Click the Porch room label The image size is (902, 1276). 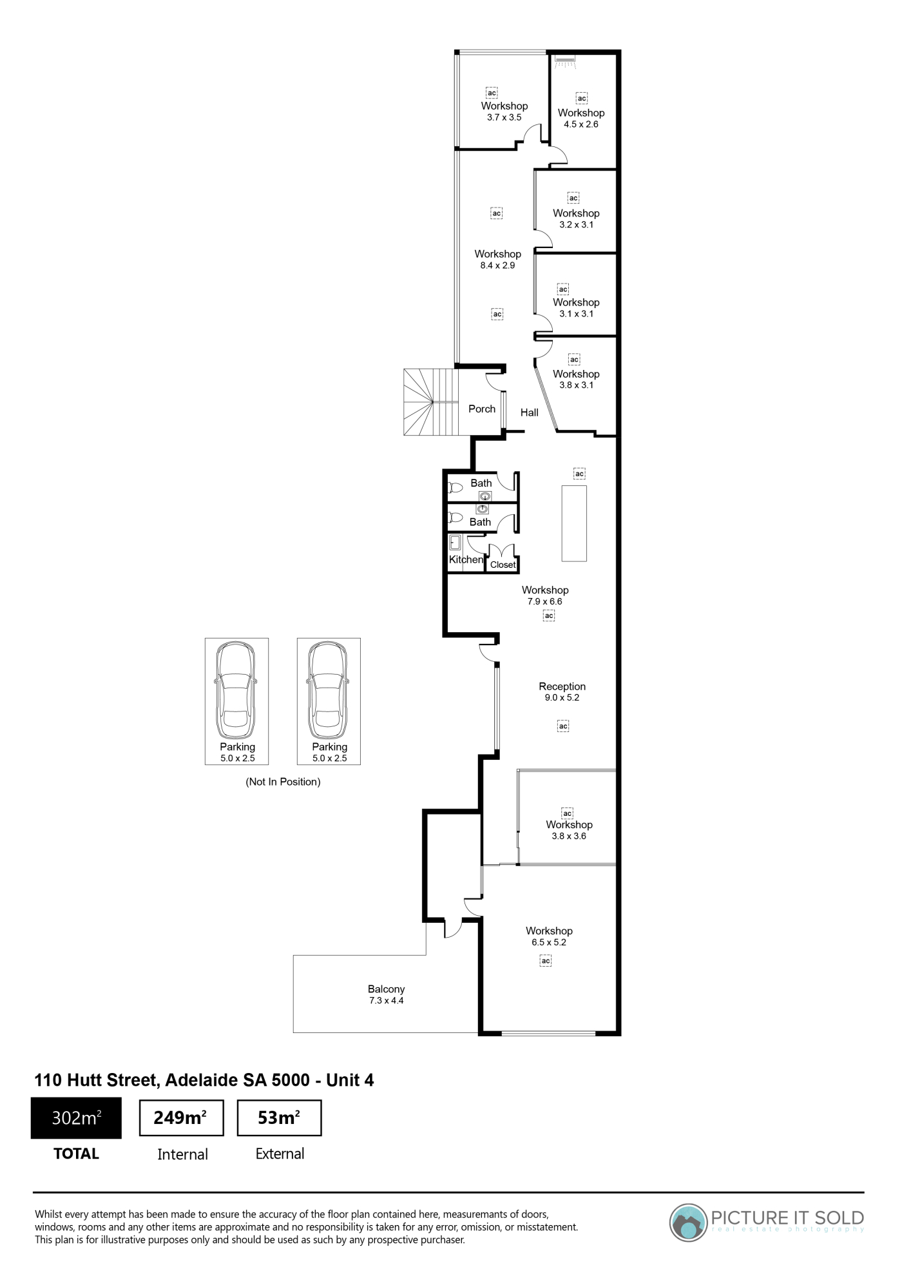pos(482,409)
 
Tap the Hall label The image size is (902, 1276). pos(530,412)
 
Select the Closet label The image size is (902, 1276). pos(503,565)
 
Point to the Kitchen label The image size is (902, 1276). pos(466,559)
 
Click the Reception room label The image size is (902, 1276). pos(562,686)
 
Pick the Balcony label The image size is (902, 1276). pos(387,989)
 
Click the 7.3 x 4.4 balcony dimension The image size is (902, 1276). pos(387,1001)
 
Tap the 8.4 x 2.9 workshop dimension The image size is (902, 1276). pos(498,266)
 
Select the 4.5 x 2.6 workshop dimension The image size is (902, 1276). pos(581,124)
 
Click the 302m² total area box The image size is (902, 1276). pos(76,1117)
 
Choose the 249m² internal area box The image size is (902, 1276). pos(182,1118)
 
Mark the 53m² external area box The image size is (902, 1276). pos(279,1118)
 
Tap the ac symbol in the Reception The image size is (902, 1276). pos(563,726)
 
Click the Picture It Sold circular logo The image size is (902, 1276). pos(688,1223)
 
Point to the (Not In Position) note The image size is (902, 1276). pos(283,782)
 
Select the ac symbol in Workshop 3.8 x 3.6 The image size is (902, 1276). pos(568,813)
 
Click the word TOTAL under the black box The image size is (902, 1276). pos(76,1154)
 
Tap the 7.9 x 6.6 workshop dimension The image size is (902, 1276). pos(545,601)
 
